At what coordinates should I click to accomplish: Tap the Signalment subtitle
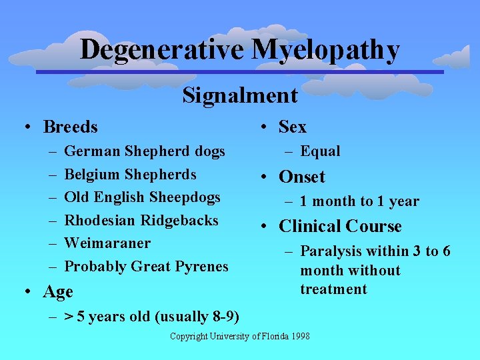pos(240,95)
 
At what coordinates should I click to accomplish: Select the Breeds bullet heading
pos(70,127)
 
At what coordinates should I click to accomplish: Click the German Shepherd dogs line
pos(145,151)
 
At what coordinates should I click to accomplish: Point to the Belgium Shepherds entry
pos(130,175)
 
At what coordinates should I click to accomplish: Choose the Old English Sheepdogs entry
pos(142,197)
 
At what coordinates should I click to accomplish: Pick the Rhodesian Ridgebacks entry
pos(141,220)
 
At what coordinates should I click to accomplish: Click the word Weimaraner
pos(107,243)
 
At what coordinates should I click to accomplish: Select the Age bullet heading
pos(58,292)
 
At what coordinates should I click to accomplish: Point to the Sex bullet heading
pos(292,127)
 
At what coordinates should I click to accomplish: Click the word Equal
pos(320,151)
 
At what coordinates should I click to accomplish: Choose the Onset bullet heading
pos(301,177)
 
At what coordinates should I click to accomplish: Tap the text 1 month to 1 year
pos(359,201)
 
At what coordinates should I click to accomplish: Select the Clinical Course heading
pos(340,227)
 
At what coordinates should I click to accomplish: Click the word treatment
pos(333,289)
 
